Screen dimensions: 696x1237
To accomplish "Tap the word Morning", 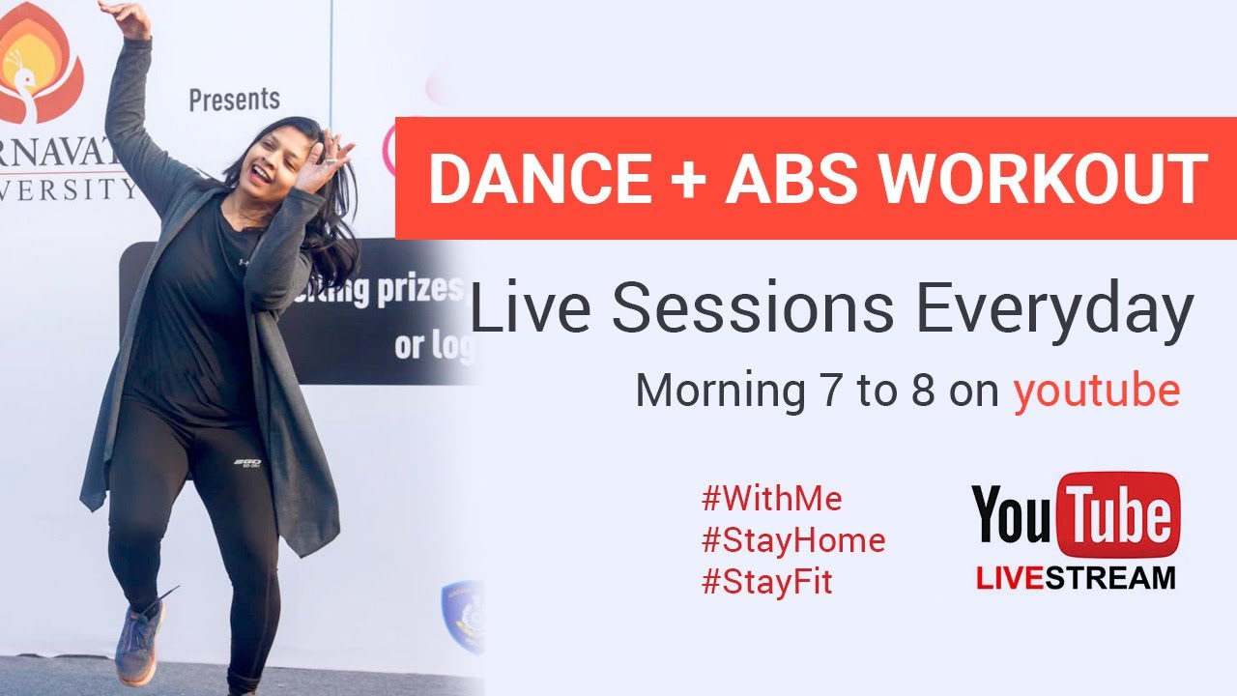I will [714, 391].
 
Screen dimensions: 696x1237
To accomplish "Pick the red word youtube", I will [1096, 391].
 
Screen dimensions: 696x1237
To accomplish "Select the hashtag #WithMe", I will [771, 499].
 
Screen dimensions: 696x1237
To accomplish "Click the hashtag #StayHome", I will [792, 540].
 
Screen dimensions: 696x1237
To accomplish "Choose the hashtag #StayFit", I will [766, 582].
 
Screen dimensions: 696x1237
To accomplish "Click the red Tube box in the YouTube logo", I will [1119, 514].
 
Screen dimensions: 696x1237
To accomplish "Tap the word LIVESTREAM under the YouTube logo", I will [1075, 578].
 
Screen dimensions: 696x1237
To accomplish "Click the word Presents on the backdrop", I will [234, 99].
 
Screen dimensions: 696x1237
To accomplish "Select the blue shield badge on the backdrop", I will [461, 615].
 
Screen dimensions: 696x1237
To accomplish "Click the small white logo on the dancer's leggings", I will [250, 465].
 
